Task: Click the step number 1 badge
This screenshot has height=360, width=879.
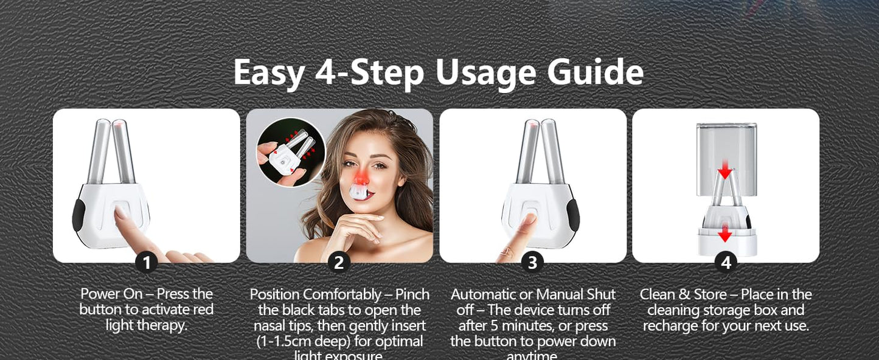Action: [146, 263]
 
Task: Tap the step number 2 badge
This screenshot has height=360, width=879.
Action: [339, 263]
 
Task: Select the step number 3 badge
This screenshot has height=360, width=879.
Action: [532, 263]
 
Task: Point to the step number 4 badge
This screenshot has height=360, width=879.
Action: [725, 263]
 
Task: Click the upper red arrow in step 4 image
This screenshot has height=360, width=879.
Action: [724, 173]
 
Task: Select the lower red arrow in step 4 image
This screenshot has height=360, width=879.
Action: [724, 235]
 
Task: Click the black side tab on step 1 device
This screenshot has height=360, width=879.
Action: [78, 215]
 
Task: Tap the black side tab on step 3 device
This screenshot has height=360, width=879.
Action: [572, 215]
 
